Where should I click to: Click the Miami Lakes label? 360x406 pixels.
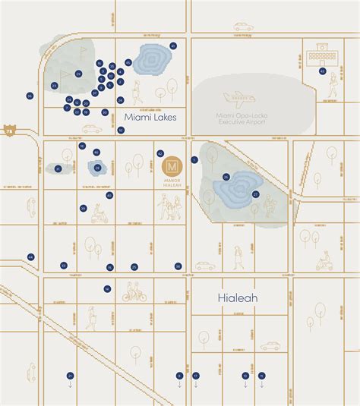tap(150, 116)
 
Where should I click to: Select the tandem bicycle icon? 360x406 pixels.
tap(134, 292)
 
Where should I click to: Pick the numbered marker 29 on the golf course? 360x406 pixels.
tap(78, 74)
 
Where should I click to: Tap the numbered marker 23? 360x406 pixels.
tap(55, 85)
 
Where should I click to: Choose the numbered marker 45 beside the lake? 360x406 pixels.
tap(128, 61)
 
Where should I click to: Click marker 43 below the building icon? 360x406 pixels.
tap(322, 72)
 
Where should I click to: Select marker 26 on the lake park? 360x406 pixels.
tap(226, 177)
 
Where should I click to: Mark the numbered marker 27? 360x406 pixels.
tap(256, 194)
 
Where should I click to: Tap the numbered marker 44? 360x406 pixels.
tap(31, 257)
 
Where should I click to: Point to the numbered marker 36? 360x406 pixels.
tap(30, 96)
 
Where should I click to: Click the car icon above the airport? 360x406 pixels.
tap(243, 27)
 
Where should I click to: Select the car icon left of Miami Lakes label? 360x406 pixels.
tap(91, 129)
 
